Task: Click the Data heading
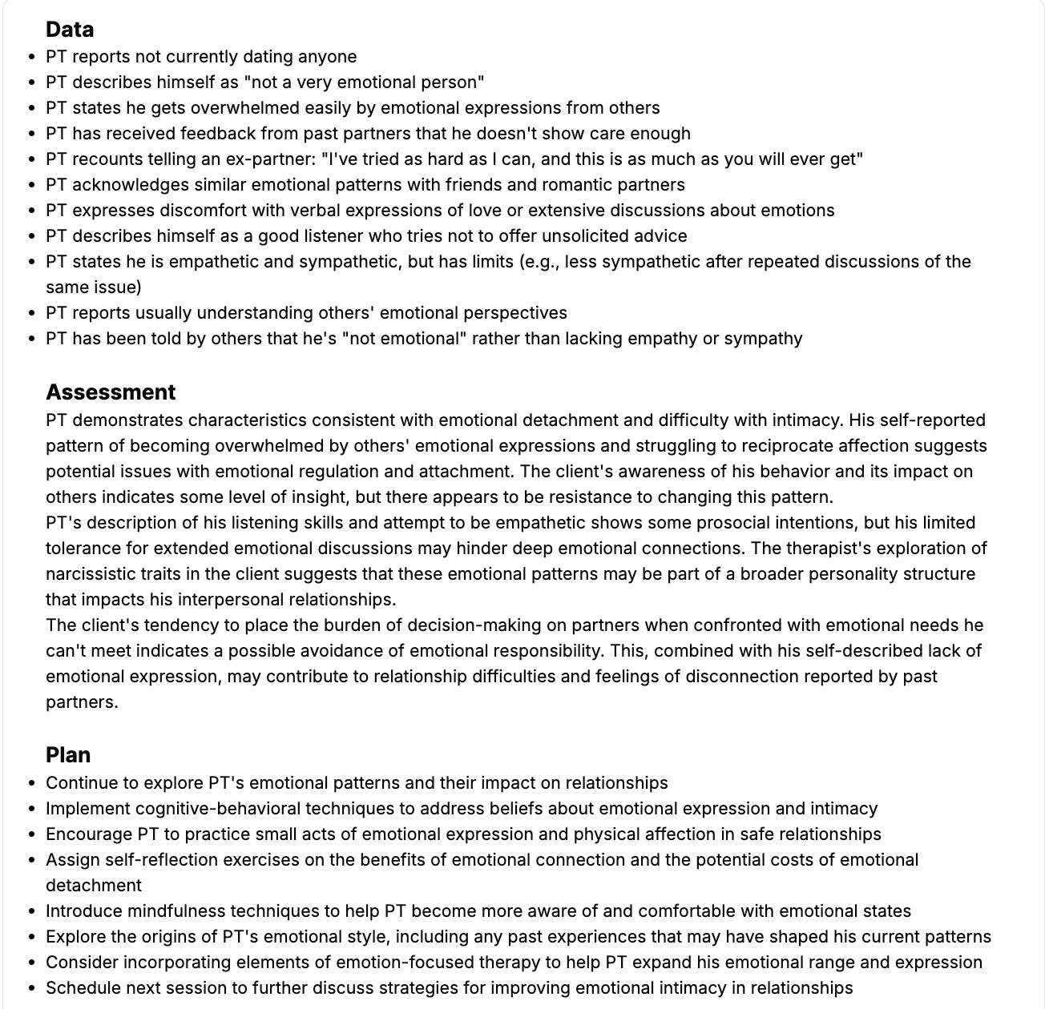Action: tap(70, 30)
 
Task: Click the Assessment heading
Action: tap(111, 392)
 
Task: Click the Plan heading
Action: tap(68, 755)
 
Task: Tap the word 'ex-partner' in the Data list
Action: tap(270, 159)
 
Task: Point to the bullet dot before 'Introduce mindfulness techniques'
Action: tap(31, 911)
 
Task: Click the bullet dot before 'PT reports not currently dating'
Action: tap(31, 57)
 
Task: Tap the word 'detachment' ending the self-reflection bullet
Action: tap(93, 886)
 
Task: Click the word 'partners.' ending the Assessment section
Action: tap(82, 702)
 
